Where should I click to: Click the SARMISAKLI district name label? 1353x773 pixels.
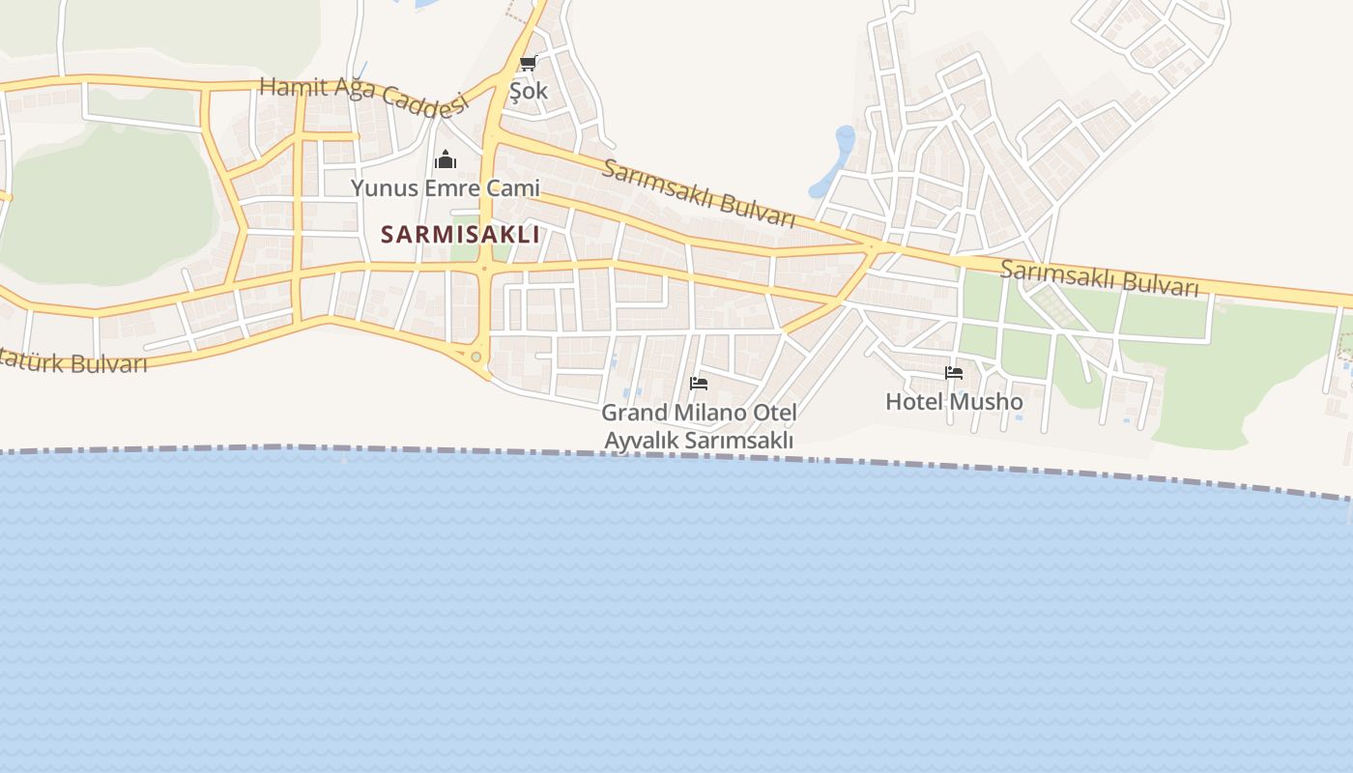(x=460, y=235)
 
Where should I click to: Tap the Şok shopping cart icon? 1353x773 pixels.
(x=528, y=64)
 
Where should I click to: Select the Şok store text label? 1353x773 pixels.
(x=529, y=91)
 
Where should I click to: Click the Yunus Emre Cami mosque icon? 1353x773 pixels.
(x=445, y=159)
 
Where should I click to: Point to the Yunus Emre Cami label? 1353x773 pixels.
(x=445, y=187)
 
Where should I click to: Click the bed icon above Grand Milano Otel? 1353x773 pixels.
(x=699, y=384)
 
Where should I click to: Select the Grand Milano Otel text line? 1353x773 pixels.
(x=699, y=414)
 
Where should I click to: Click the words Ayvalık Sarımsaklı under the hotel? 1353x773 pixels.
(x=699, y=441)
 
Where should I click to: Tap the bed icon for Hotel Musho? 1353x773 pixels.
(x=954, y=373)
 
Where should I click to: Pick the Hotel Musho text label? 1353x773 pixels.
(x=954, y=401)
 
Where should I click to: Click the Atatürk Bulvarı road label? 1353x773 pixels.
(x=73, y=362)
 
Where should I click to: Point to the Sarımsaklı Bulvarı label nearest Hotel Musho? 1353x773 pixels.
(x=1099, y=278)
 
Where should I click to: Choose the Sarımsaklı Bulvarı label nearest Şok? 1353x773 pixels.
(x=699, y=191)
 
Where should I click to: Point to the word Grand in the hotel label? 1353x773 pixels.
(x=635, y=414)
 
